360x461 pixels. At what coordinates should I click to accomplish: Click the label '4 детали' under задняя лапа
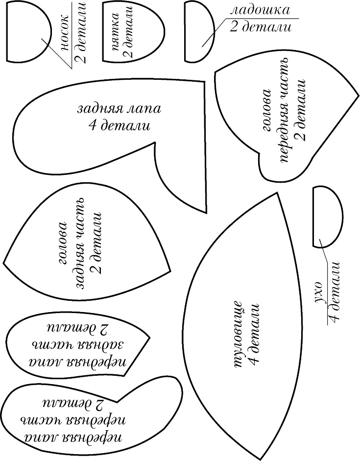119,126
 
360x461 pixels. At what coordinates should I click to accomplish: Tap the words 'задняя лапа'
119,108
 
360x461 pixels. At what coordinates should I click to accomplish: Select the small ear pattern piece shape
326,216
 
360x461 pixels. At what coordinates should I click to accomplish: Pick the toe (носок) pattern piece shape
27,31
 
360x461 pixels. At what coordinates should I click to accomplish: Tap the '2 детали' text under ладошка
260,27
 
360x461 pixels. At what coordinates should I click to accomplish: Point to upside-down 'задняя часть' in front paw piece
78,343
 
